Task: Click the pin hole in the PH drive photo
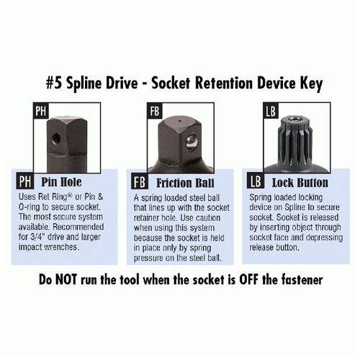click(56, 138)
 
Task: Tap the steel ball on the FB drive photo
click(192, 143)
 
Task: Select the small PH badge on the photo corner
click(40, 111)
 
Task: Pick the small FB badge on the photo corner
click(155, 111)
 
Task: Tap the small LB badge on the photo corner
click(271, 111)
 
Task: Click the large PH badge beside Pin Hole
click(25, 181)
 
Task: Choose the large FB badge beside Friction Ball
click(140, 181)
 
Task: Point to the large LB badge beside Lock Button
click(256, 181)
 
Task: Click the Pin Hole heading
click(61, 182)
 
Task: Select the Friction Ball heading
click(185, 183)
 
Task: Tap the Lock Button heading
click(300, 183)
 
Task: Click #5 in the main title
click(54, 84)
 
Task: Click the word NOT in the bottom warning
click(66, 279)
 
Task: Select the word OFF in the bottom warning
click(248, 279)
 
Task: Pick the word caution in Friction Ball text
click(208, 218)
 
